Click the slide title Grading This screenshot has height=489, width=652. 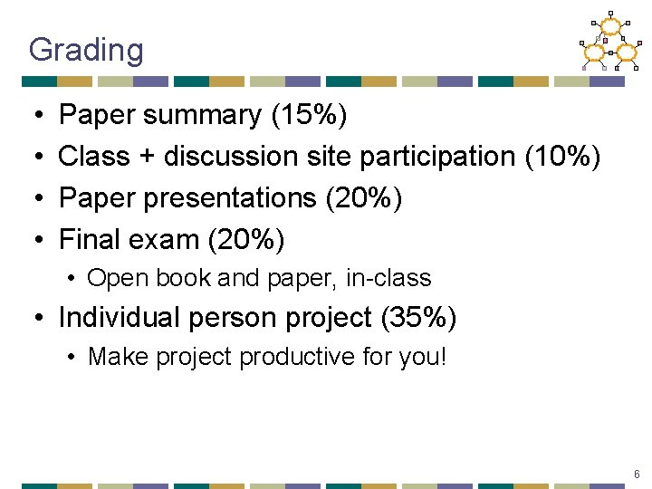86,50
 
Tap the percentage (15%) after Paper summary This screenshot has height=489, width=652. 308,116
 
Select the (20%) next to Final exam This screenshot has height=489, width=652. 246,240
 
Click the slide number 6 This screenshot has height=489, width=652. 638,475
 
